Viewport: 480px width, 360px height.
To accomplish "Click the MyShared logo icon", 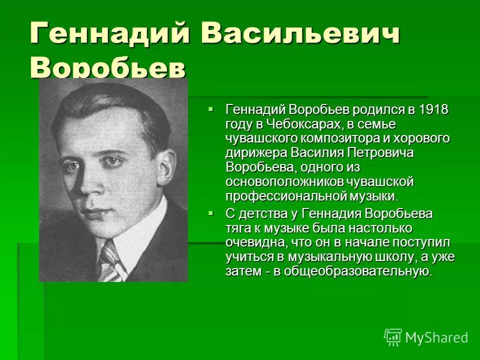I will [x=393, y=337].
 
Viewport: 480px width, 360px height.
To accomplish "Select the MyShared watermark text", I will [x=436, y=337].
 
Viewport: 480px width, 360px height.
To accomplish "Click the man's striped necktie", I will [x=110, y=262].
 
